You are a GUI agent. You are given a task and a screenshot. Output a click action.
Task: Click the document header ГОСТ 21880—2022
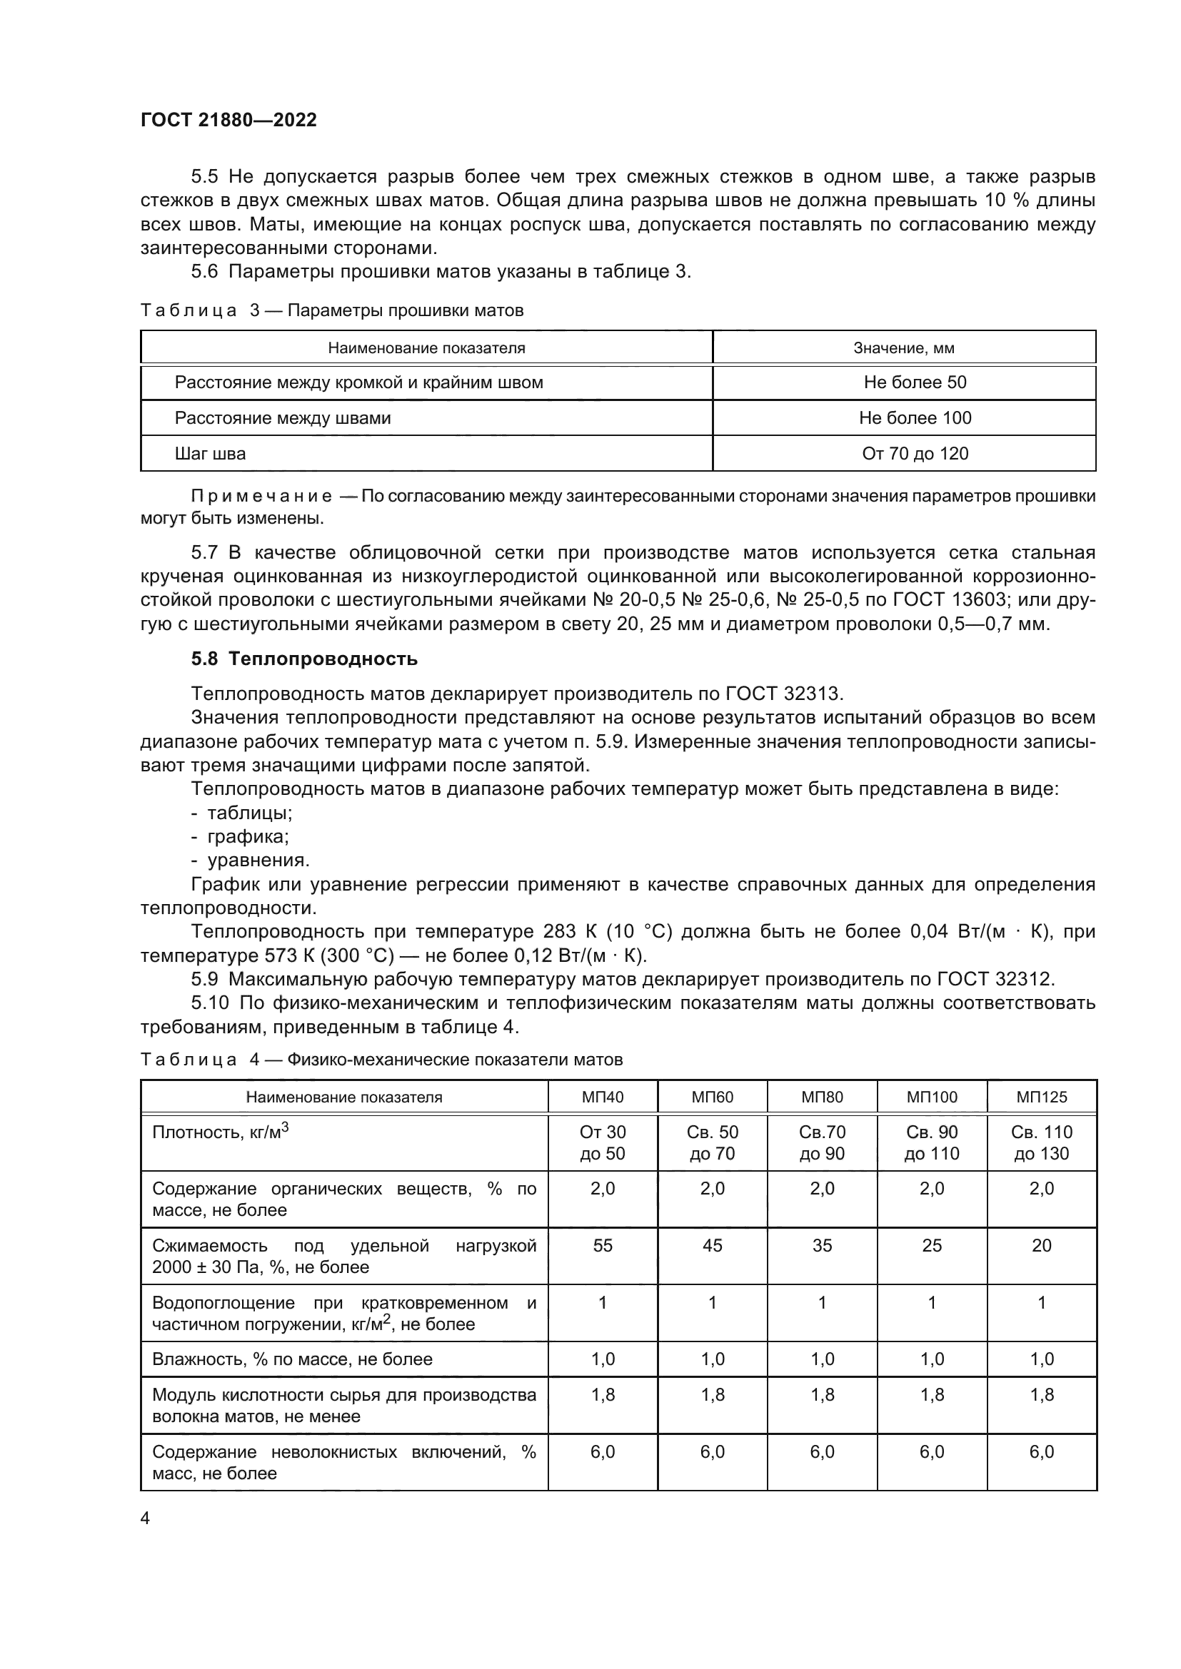[228, 120]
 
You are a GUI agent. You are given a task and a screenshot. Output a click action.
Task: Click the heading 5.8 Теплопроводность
[304, 659]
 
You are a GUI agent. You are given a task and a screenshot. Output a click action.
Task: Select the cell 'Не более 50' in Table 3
[915, 382]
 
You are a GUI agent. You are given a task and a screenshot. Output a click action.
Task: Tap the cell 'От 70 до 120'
[915, 454]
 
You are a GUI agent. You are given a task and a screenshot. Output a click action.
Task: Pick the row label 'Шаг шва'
[210, 454]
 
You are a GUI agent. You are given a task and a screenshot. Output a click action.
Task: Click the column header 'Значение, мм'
[903, 348]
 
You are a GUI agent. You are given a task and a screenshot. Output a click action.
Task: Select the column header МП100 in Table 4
[932, 1097]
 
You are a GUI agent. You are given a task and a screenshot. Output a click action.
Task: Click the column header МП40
[602, 1097]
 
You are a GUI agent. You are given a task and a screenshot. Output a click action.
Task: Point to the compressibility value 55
[602, 1245]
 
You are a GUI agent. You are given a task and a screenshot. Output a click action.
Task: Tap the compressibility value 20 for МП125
[1041, 1245]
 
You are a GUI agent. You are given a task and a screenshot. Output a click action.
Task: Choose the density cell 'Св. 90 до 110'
[932, 1142]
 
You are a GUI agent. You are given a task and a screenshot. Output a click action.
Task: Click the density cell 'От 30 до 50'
[602, 1142]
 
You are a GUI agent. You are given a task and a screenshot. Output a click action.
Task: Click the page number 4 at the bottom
[145, 1518]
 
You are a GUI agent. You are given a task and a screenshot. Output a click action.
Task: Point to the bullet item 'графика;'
[247, 836]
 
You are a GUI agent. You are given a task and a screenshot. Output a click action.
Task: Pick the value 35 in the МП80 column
[822, 1245]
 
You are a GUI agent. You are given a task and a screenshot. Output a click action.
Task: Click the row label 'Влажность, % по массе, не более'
[291, 1359]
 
